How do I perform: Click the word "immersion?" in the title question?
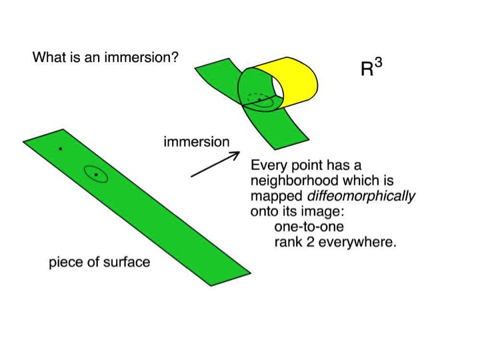coord(141,57)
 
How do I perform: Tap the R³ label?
coord(371,67)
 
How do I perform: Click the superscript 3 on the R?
coord(379,63)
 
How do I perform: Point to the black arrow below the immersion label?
coord(215,164)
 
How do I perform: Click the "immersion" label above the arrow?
coord(197,142)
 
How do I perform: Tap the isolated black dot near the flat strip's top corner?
coord(60,149)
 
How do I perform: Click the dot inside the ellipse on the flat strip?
coord(96,175)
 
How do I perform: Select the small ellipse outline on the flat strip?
coord(96,174)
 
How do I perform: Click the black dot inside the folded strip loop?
coord(259,100)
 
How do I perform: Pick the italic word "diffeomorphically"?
coord(361,196)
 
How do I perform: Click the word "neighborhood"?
coord(295,181)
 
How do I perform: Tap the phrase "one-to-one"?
coord(309,227)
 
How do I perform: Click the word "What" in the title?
coord(49,57)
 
